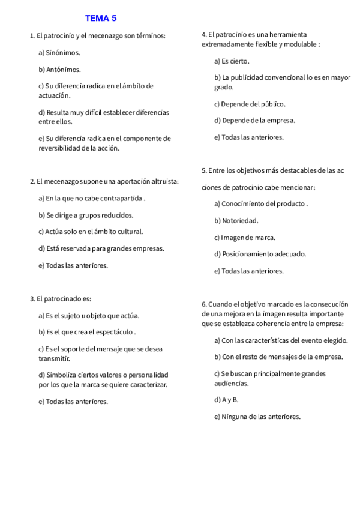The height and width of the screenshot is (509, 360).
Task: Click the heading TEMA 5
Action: (100, 18)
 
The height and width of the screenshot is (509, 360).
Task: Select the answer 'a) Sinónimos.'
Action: (59, 53)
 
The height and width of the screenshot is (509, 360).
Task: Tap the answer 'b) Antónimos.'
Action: (59, 70)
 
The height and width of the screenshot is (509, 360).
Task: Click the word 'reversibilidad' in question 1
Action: (62, 148)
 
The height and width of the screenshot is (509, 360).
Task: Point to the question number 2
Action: (32, 181)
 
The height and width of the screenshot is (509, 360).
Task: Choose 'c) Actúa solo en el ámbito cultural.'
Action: (91, 232)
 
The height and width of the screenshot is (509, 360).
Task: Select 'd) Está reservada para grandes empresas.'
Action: (101, 248)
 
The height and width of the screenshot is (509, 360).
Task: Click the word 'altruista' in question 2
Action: (170, 181)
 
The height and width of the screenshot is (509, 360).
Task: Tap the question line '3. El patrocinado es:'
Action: (61, 298)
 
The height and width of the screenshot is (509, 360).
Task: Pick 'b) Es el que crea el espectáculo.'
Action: (87, 332)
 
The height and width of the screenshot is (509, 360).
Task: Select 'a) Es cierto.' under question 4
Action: (232, 61)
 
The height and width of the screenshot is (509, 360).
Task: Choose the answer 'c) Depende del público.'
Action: (250, 104)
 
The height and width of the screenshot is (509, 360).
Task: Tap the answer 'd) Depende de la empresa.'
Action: (254, 121)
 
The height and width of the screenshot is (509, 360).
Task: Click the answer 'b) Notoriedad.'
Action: (236, 221)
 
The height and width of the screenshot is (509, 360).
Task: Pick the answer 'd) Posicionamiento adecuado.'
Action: (260, 254)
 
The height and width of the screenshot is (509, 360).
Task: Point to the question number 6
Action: (204, 304)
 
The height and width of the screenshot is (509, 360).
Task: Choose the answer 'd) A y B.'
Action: (226, 399)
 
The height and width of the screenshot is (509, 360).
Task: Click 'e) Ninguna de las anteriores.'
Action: (257, 416)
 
